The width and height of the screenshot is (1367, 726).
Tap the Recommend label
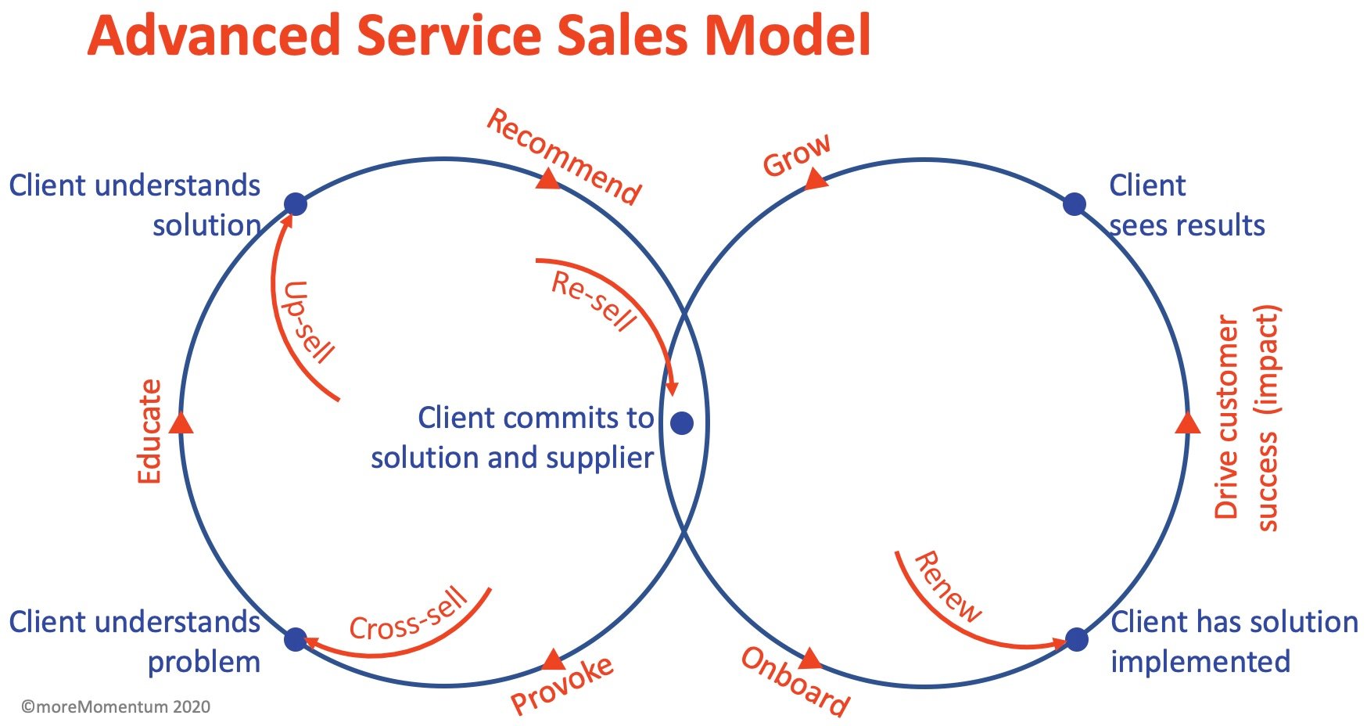coord(564,156)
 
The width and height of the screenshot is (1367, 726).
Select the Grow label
coord(796,155)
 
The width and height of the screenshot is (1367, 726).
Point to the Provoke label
coord(562,685)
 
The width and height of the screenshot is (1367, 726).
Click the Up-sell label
coord(307,322)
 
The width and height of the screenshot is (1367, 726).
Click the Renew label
coord(946,587)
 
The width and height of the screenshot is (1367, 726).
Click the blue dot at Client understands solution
coord(295,204)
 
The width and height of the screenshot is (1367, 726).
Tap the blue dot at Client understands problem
coord(295,640)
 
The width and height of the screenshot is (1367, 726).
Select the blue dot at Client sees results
coord(1075,204)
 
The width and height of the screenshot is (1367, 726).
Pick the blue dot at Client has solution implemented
coord(1076,639)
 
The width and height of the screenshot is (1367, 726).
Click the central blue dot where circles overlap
coord(682,423)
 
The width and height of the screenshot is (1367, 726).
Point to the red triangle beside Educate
coord(181,423)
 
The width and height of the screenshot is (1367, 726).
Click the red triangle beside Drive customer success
coord(1187,423)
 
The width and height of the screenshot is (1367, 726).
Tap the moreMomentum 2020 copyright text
coord(116,706)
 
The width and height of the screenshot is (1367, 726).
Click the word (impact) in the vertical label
coord(1266,359)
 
